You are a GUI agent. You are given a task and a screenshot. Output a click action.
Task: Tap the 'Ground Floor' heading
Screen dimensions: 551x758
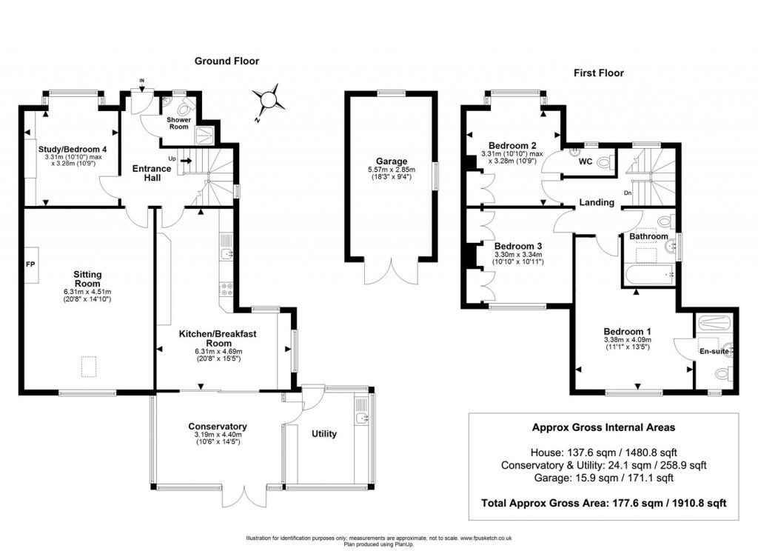pos(227,61)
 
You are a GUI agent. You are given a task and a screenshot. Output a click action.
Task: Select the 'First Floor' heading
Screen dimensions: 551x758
pos(598,73)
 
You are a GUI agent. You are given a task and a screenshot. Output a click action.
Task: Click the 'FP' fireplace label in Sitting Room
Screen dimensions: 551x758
pos(31,264)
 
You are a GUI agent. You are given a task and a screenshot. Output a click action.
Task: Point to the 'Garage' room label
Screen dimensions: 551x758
pos(392,161)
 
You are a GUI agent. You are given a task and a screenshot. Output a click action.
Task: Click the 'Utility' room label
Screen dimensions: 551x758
pos(324,433)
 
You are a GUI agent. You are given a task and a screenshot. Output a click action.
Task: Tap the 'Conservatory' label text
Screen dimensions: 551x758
pos(217,427)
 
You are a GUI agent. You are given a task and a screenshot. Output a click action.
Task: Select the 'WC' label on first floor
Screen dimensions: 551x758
pos(585,161)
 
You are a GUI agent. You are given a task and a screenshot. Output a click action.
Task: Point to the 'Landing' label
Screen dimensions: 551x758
pos(597,202)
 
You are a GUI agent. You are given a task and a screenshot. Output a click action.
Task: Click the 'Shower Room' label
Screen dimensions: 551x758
pos(178,123)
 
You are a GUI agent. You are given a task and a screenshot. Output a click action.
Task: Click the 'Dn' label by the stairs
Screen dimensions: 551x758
pos(627,193)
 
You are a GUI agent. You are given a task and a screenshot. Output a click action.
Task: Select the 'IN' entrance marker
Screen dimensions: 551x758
pos(143,82)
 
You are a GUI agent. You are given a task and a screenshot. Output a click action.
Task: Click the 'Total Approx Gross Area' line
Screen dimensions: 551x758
pos(604,502)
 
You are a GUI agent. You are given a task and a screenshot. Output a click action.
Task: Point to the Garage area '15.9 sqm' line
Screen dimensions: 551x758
pos(604,478)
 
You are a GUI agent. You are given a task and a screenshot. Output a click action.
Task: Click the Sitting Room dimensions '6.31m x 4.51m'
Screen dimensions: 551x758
pos(87,291)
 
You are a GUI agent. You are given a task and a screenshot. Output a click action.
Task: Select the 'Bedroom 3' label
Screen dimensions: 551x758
pos(514,246)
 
